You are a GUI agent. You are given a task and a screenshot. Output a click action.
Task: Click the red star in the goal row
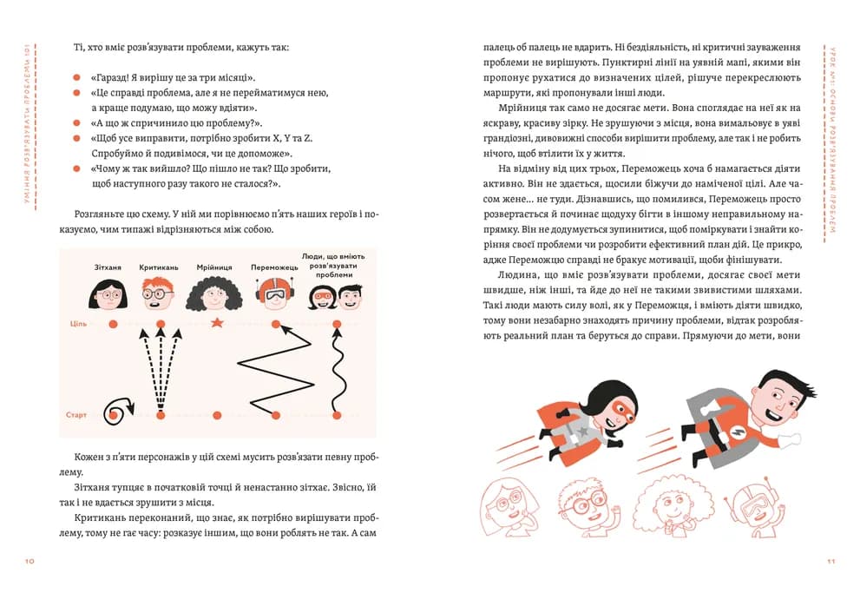pos(217,323)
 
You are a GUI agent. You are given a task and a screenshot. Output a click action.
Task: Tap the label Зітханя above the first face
pos(108,267)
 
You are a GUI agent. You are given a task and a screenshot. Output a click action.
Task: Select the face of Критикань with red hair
pos(159,293)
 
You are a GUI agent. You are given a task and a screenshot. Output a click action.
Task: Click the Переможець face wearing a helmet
pos(274,293)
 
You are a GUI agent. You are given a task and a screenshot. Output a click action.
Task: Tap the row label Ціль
pos(77,324)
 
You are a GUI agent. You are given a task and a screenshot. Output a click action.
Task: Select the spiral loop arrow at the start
pos(117,408)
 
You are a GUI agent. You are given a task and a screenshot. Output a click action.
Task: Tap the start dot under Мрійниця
pos(217,416)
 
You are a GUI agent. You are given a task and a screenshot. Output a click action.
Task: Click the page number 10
pos(29,562)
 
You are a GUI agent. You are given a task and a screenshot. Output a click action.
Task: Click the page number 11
pos(831,562)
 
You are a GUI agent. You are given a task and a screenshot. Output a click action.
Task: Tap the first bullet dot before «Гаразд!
pos(76,77)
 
